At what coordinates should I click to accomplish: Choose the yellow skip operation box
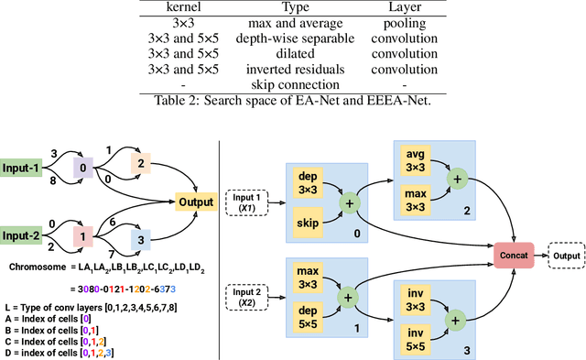click(310, 223)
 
